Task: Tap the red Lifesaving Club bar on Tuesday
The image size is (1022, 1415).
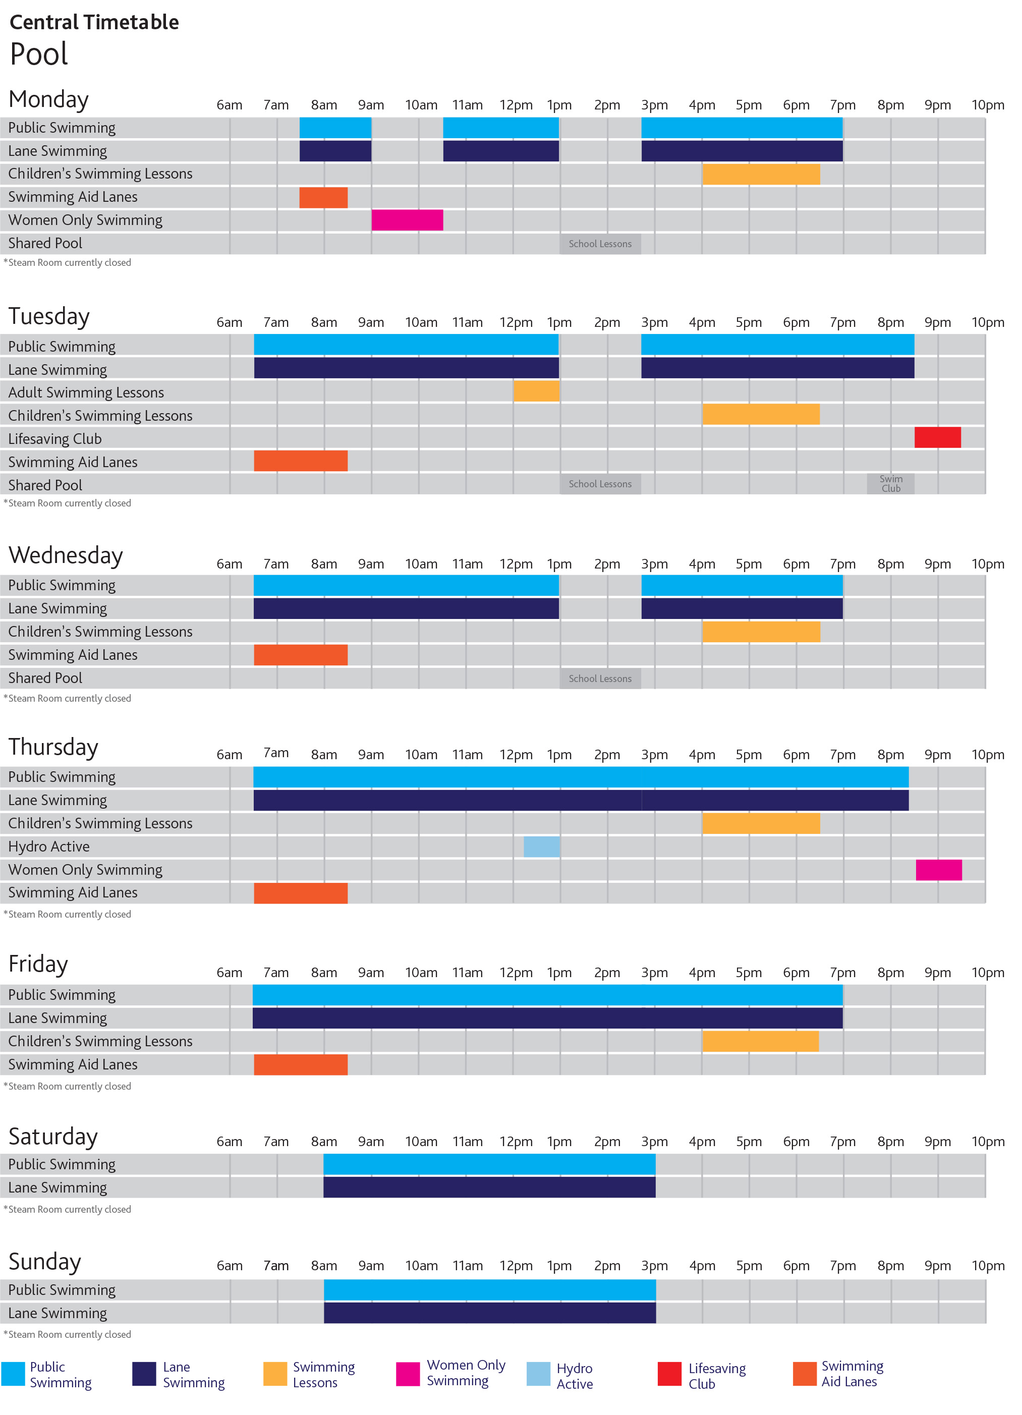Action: click(x=937, y=437)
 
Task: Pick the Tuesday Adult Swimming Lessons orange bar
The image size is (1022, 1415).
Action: click(x=536, y=391)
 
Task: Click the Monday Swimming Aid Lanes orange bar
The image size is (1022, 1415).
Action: click(x=323, y=197)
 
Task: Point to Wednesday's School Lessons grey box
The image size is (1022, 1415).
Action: click(x=600, y=678)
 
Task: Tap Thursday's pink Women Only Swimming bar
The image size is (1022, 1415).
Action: click(x=938, y=870)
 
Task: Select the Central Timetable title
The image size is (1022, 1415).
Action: click(x=94, y=23)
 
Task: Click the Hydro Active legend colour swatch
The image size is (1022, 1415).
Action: click(x=538, y=1374)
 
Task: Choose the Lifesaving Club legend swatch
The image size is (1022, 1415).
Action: click(x=669, y=1374)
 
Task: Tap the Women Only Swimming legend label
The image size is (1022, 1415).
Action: click(x=466, y=1373)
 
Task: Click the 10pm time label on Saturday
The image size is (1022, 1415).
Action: click(x=987, y=1142)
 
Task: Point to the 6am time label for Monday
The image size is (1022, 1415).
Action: click(x=229, y=105)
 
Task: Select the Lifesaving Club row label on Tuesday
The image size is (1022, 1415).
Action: click(x=55, y=438)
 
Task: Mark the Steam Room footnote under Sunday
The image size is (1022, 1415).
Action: click(x=68, y=1334)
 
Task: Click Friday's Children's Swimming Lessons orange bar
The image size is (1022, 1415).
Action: click(x=760, y=1041)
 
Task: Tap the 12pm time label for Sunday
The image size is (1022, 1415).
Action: click(x=516, y=1266)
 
